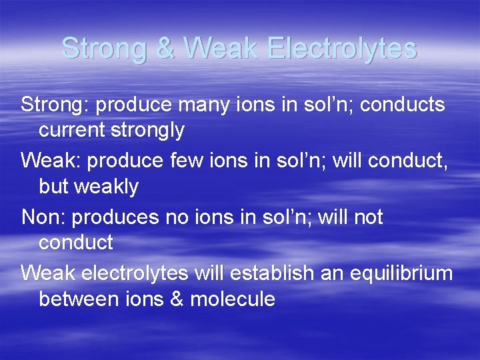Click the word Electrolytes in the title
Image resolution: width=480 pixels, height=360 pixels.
[342, 48]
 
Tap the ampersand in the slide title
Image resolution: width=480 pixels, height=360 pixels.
[166, 48]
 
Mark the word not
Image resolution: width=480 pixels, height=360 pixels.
[365, 218]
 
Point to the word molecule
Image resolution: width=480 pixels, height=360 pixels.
[233, 299]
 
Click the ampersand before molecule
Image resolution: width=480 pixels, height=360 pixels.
[176, 299]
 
